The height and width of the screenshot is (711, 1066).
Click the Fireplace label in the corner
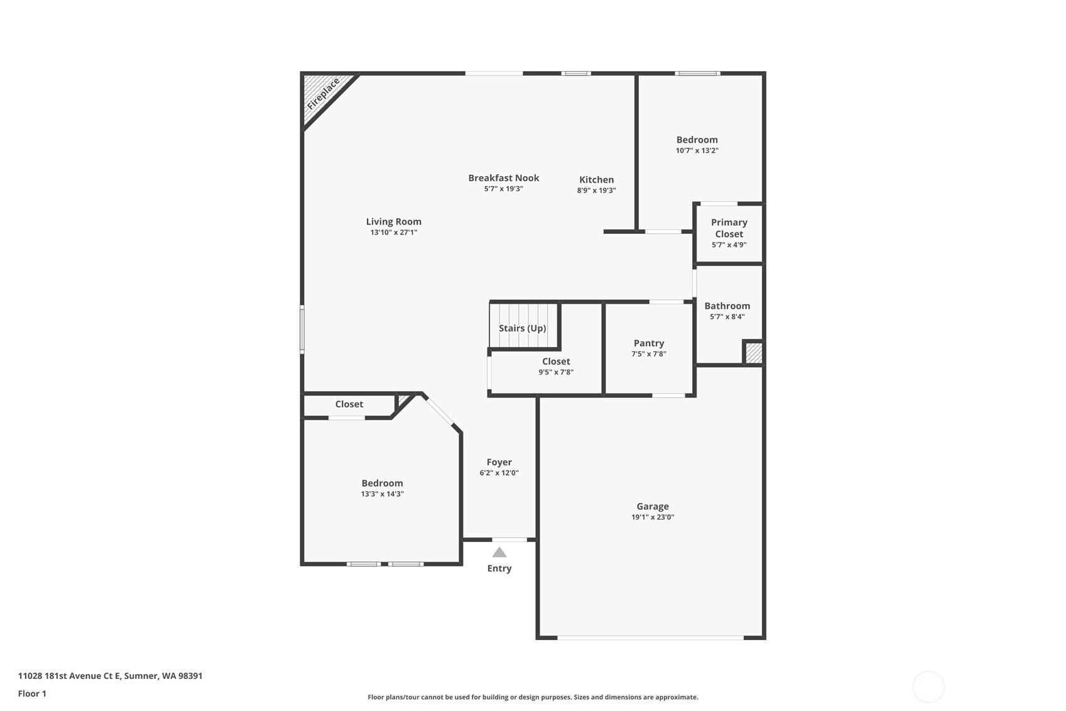pos(323,94)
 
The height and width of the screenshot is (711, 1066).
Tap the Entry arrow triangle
pos(499,552)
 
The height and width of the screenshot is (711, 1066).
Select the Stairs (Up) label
pos(522,328)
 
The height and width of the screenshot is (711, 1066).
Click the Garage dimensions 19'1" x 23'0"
pos(653,517)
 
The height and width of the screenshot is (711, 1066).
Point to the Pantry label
pos(649,343)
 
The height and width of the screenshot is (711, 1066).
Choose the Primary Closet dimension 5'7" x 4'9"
pos(729,245)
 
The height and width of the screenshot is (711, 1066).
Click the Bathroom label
pos(727,306)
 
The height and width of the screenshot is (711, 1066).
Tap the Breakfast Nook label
pos(504,178)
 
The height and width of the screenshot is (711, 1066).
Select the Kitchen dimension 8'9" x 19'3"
pos(596,190)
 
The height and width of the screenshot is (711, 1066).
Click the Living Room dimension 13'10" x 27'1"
pos(394,233)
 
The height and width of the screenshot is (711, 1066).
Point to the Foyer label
pos(499,462)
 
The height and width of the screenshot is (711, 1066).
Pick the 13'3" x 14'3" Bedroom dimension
pos(382,494)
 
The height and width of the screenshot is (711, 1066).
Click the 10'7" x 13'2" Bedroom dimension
pos(697,150)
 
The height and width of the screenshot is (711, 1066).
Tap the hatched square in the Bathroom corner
pos(753,353)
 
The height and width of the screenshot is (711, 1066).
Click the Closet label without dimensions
pos(349,404)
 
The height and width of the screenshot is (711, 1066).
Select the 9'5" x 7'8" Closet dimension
pos(556,372)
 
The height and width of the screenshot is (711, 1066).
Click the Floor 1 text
pos(33,693)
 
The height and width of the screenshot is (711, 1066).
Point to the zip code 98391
pos(190,676)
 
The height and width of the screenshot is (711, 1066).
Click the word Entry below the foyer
pos(499,568)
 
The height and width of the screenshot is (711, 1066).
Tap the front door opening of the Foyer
pos(509,539)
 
